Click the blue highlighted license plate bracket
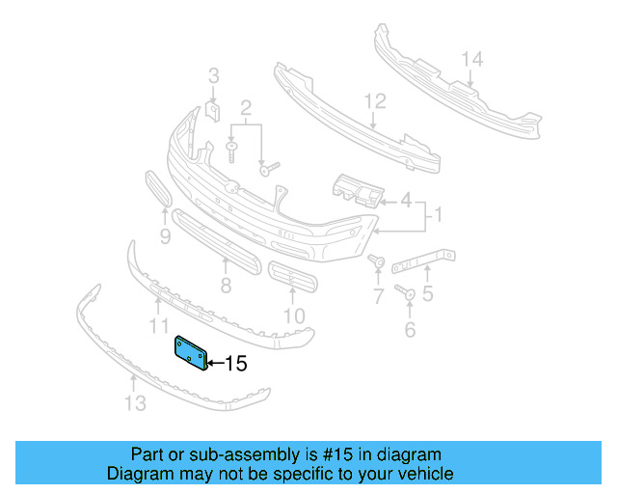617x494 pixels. (x=189, y=352)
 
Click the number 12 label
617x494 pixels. (x=374, y=100)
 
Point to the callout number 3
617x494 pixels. (x=214, y=75)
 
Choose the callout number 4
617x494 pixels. (x=406, y=202)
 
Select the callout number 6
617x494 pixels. (x=410, y=330)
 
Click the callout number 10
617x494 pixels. (x=294, y=315)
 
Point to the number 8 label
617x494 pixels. (x=226, y=286)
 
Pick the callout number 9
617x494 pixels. (x=165, y=235)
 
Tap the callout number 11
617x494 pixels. (x=159, y=326)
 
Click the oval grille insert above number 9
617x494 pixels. (x=158, y=189)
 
